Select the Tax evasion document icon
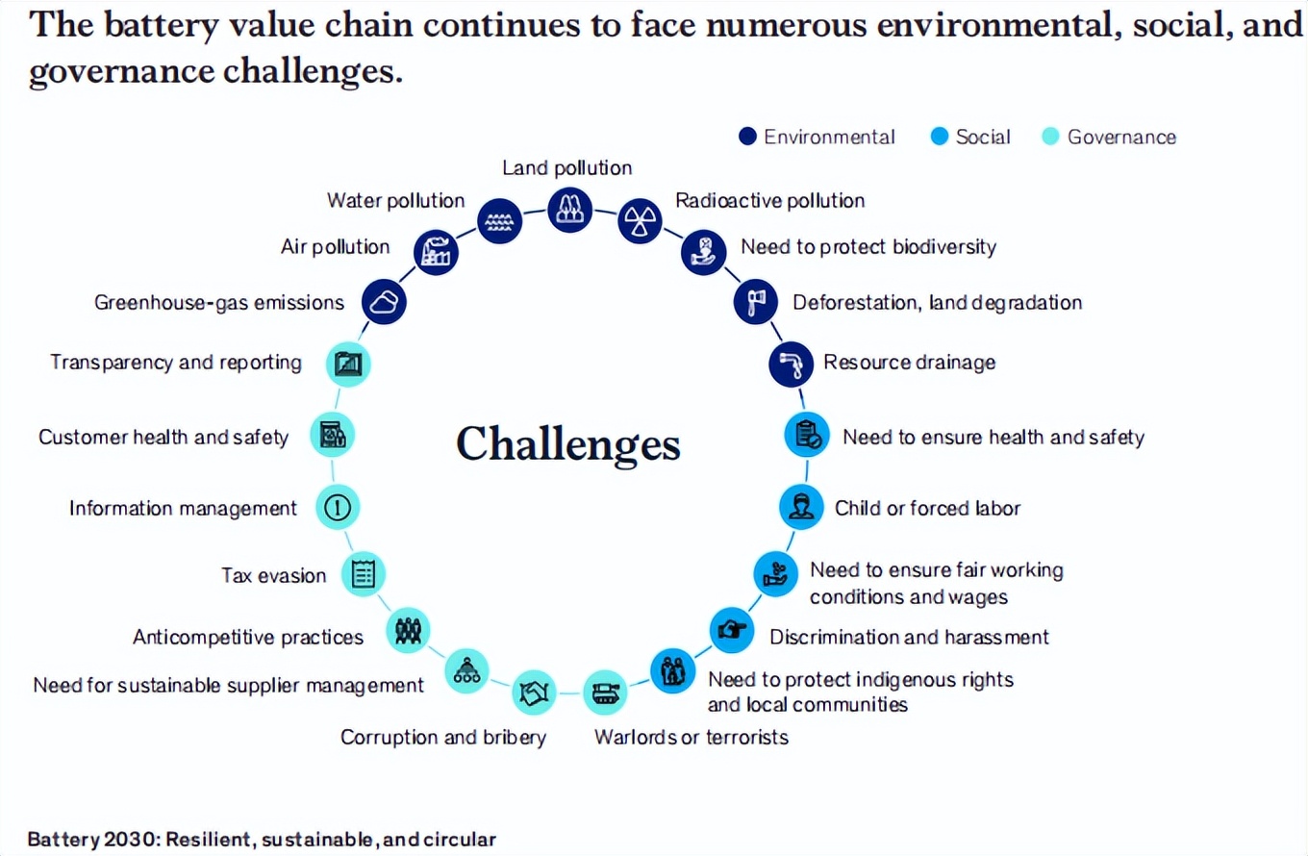[363, 574]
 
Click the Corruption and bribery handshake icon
[534, 691]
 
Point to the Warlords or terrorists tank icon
[607, 691]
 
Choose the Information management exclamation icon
[339, 507]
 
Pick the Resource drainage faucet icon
[792, 364]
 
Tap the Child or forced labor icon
[800, 506]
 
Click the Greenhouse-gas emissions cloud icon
[384, 302]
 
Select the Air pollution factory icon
[436, 252]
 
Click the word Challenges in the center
[568, 444]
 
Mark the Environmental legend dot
[748, 137]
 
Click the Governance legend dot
[1051, 137]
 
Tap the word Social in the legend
[983, 137]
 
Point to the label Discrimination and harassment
[909, 637]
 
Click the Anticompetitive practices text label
[248, 637]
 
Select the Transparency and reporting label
[176, 363]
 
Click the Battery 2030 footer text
[262, 839]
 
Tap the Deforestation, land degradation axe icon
[756, 302]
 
